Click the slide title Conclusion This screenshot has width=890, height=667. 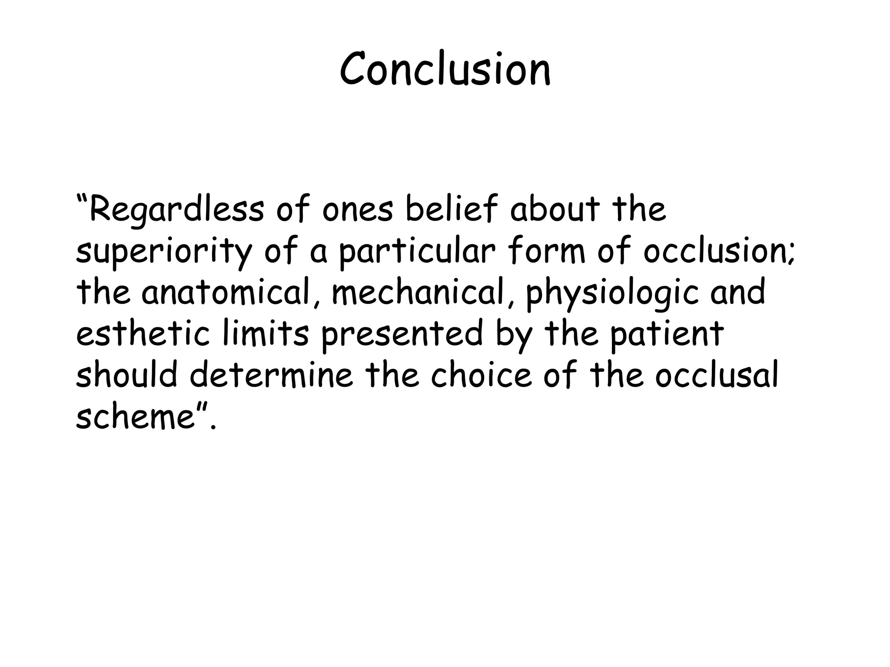pos(445,69)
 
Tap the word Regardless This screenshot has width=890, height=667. pos(176,209)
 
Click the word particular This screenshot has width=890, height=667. pos(417,252)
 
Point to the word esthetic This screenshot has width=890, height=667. pos(143,333)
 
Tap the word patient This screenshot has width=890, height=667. pos(667,333)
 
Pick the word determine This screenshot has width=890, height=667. pos(272,374)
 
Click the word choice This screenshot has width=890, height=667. pos(482,374)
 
